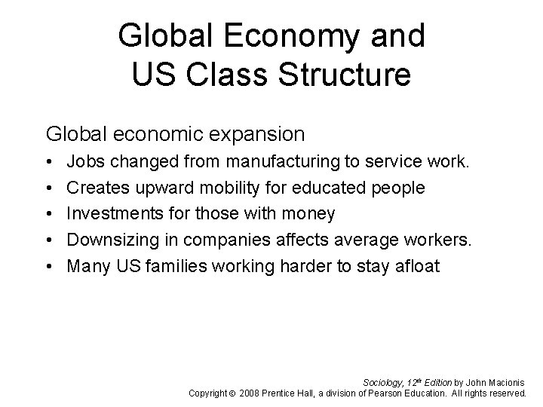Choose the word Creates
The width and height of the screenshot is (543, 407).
[97, 187]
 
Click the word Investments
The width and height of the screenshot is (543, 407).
[114, 213]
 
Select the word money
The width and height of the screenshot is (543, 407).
[310, 213]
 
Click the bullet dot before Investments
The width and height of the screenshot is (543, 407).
[50, 214]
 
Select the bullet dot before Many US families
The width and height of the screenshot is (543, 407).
[50, 266]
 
